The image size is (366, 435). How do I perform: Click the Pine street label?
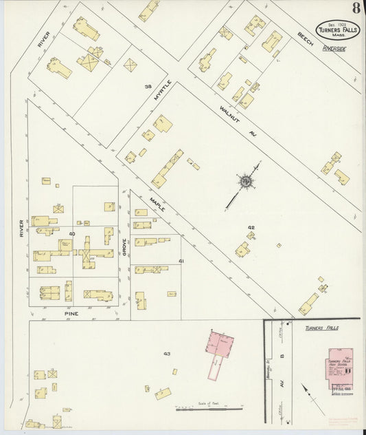tap(71, 314)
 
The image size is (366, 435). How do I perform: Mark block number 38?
tap(147, 87)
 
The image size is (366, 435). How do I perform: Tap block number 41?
tap(181, 262)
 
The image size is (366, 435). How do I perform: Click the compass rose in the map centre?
tap(244, 181)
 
